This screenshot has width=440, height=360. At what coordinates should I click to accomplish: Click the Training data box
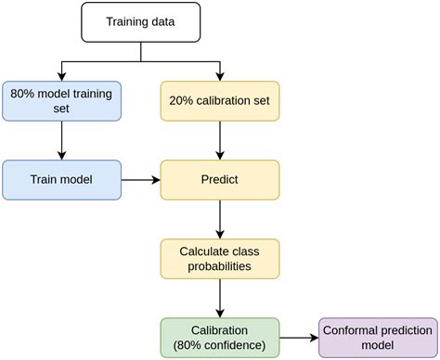[x=140, y=21]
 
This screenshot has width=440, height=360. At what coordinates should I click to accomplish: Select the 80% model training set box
[x=61, y=101]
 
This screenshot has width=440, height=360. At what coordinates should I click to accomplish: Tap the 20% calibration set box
[x=220, y=101]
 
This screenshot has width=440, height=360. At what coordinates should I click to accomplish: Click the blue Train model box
[x=61, y=180]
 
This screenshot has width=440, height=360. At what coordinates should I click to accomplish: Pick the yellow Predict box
[x=220, y=180]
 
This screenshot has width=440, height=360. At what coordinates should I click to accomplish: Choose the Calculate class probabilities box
[x=220, y=259]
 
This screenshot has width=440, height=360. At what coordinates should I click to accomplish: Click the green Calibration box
[x=220, y=338]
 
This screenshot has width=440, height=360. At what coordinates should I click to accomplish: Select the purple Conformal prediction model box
[x=378, y=338]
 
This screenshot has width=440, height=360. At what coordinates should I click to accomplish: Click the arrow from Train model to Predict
[x=140, y=180]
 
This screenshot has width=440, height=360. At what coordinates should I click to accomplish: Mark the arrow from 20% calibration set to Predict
[x=220, y=140]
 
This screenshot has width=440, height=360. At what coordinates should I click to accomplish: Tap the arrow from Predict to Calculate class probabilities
[x=220, y=219]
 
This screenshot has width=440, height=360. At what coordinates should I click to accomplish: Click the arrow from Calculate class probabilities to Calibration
[x=220, y=298]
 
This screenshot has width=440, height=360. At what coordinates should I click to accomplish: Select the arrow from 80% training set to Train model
[x=61, y=140]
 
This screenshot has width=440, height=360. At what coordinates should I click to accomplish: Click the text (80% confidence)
[x=220, y=346]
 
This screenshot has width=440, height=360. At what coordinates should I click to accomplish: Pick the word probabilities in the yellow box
[x=220, y=267]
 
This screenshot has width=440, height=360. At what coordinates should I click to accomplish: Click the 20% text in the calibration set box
[x=183, y=101]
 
